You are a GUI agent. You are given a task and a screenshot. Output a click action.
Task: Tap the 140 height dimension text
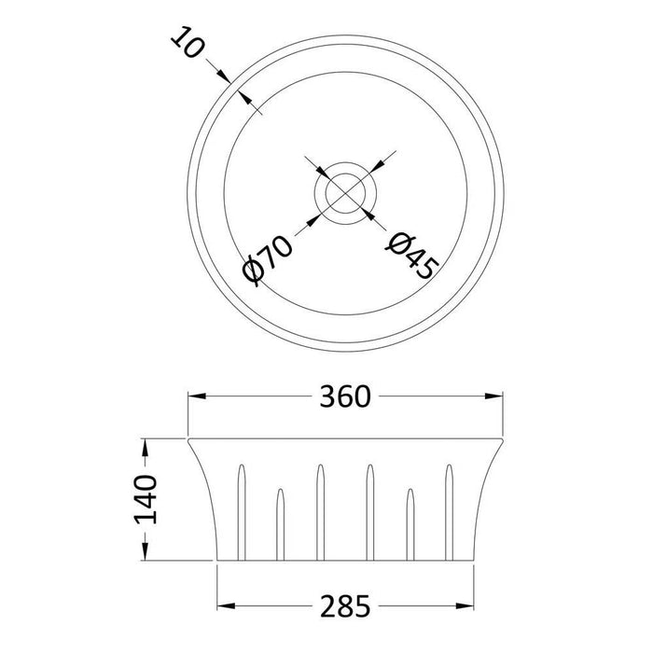pos(146,500)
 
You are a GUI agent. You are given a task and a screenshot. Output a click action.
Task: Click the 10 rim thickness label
pos(188,43)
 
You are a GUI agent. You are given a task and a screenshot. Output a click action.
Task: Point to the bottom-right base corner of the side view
pos(470,562)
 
